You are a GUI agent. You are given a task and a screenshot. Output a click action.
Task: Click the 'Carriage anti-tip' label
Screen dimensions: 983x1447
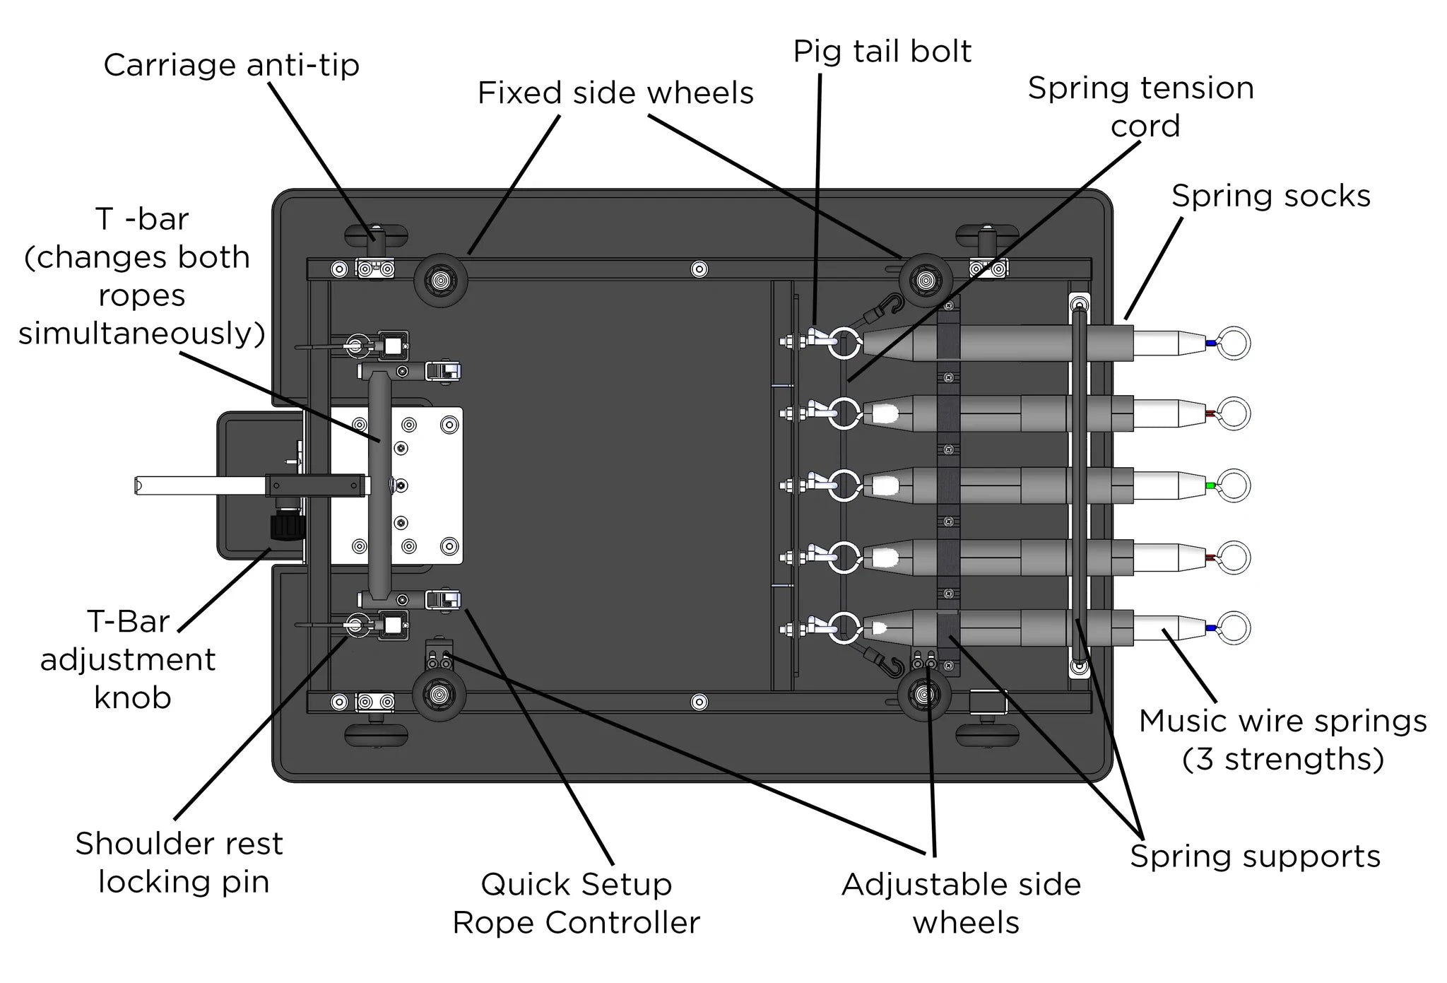click(231, 66)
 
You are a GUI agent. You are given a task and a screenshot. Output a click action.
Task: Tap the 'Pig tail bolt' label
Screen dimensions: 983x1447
click(882, 52)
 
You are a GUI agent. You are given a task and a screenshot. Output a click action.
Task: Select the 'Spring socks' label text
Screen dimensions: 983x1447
click(1270, 196)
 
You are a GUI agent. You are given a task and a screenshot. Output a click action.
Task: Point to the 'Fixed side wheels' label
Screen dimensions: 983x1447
click(615, 93)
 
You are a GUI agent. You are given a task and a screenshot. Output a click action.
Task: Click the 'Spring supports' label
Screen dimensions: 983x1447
click(1255, 857)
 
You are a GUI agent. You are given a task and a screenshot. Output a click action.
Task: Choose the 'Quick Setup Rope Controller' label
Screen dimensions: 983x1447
click(576, 903)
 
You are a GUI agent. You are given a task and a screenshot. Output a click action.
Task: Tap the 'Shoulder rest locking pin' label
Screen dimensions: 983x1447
click(180, 862)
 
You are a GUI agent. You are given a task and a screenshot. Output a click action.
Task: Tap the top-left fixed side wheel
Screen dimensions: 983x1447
click(439, 279)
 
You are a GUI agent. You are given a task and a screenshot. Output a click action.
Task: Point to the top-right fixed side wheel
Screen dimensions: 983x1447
click(924, 281)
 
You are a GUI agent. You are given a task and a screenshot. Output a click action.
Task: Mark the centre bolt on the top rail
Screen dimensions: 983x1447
click(699, 269)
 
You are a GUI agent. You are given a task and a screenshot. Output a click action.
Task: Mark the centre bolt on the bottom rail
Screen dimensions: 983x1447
click(699, 702)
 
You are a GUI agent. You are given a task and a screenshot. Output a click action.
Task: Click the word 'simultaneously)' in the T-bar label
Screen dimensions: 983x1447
click(141, 334)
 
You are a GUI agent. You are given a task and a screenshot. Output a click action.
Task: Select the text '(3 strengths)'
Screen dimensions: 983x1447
click(1282, 760)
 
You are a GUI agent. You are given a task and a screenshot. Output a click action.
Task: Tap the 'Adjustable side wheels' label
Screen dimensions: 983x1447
click(962, 903)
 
